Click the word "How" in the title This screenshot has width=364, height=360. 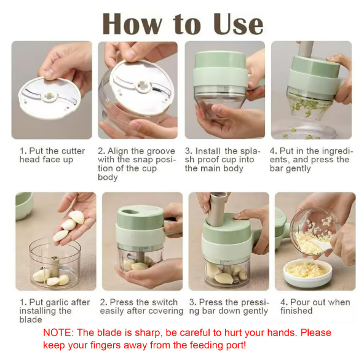(134, 23)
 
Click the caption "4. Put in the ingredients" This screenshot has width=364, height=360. (310, 160)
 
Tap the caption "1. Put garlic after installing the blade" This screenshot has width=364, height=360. (54, 311)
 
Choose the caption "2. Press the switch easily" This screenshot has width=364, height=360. (139, 307)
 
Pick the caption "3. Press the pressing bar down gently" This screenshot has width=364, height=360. (229, 307)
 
